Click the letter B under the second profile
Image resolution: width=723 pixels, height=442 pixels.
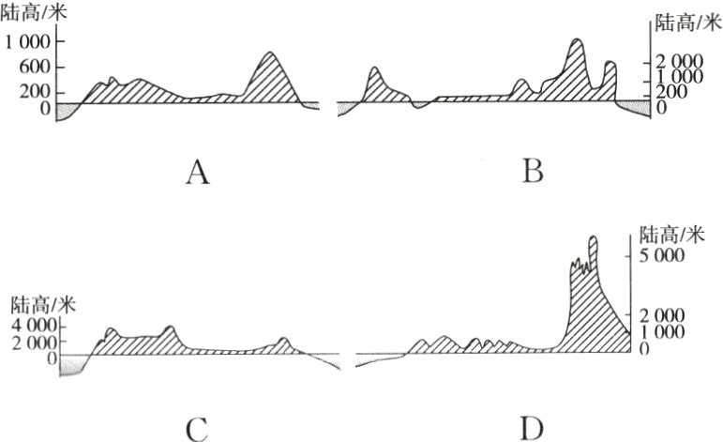coord(533,171)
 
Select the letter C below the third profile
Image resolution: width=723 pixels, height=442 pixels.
coord(197,429)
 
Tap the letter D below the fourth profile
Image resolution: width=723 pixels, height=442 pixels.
coord(532,429)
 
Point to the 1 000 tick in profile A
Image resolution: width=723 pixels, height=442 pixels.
coord(28,41)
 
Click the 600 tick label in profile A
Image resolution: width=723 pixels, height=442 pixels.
coord(34,67)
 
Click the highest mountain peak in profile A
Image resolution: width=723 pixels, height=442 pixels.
coord(270,54)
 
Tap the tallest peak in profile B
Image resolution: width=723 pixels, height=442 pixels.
coord(576,41)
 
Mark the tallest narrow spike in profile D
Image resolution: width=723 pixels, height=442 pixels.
coord(593,238)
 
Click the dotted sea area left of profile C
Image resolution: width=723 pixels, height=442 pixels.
coord(71,368)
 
